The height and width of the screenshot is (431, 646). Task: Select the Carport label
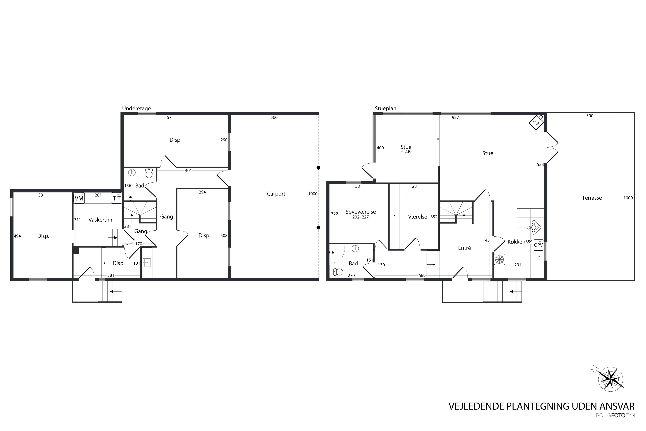[276, 194]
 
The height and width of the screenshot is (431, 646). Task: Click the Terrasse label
[592, 198]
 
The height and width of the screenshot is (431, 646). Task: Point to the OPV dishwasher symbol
[538, 245]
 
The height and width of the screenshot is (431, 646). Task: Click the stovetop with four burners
[534, 227]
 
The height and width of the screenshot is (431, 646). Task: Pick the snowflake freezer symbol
[500, 259]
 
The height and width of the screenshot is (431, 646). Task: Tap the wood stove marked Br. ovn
[536, 122]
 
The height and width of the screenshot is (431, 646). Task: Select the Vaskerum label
[100, 220]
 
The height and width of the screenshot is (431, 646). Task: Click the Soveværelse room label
[361, 212]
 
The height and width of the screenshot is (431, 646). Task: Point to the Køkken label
[516, 242]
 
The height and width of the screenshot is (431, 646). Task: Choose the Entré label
[464, 248]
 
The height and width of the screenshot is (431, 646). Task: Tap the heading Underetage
[137, 108]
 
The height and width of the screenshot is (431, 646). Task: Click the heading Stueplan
[386, 109]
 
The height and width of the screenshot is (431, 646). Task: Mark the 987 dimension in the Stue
[455, 117]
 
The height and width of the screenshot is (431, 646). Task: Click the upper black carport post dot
[318, 168]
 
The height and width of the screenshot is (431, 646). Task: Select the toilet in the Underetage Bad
[149, 173]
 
